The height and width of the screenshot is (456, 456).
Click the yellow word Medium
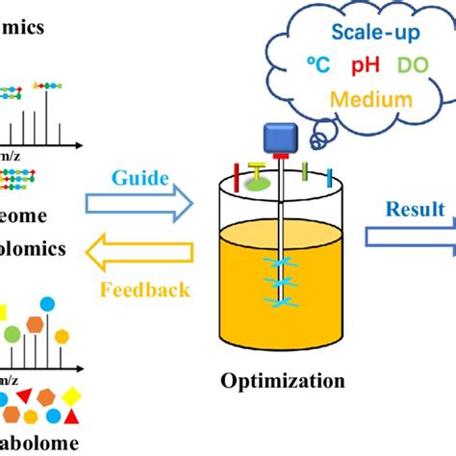[x=370, y=99]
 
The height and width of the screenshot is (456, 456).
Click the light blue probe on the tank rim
[x=329, y=177]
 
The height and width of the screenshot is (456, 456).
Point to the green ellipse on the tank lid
[x=259, y=182]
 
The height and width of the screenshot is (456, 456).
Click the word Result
[x=415, y=209]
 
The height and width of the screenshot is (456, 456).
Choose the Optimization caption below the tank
[x=283, y=381]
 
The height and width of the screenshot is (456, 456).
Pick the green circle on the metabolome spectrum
[x=12, y=335]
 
